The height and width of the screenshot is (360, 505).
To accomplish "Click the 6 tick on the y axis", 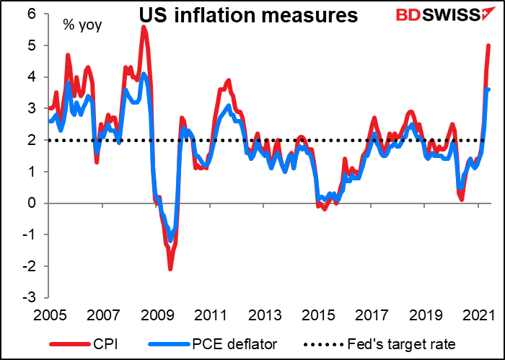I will pyautogui.click(x=32, y=14).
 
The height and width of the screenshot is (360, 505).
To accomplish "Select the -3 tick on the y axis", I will pyautogui.click(x=30, y=297).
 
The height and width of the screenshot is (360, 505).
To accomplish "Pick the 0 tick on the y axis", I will pyautogui.click(x=32, y=203).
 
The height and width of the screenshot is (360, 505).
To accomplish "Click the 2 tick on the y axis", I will pyautogui.click(x=32, y=140).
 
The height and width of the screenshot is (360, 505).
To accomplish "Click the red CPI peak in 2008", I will pyautogui.click(x=144, y=27).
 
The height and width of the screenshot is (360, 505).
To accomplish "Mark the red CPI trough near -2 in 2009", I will pyautogui.click(x=170, y=268).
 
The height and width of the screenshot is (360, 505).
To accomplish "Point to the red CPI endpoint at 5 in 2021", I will pyautogui.click(x=488, y=46).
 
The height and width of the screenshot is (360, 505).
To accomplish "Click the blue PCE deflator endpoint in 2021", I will pyautogui.click(x=488, y=89).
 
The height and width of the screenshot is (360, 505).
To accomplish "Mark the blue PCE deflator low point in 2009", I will pyautogui.click(x=170, y=240).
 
